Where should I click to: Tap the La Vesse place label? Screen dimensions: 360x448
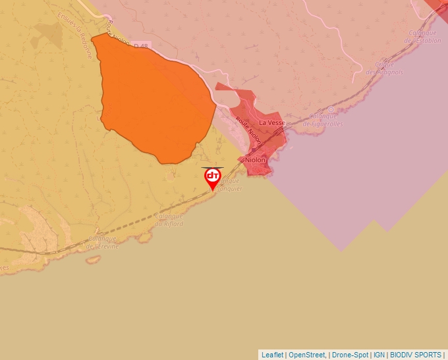[271, 123]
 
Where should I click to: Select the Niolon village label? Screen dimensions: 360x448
[255, 160]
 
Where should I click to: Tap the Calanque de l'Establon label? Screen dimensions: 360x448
[424, 36]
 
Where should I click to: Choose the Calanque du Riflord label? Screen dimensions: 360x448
[169, 220]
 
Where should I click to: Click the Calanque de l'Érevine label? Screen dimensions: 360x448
[103, 243]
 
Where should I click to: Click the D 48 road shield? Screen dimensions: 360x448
[140, 45]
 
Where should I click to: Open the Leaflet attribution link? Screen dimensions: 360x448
[272, 355]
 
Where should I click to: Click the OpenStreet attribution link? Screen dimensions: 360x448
[307, 355]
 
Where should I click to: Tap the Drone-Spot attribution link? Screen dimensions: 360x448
[350, 355]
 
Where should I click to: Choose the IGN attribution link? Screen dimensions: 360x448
[379, 355]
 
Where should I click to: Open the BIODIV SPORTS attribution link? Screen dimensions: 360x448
[416, 355]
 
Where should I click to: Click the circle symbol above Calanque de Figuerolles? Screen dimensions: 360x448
[331, 109]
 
